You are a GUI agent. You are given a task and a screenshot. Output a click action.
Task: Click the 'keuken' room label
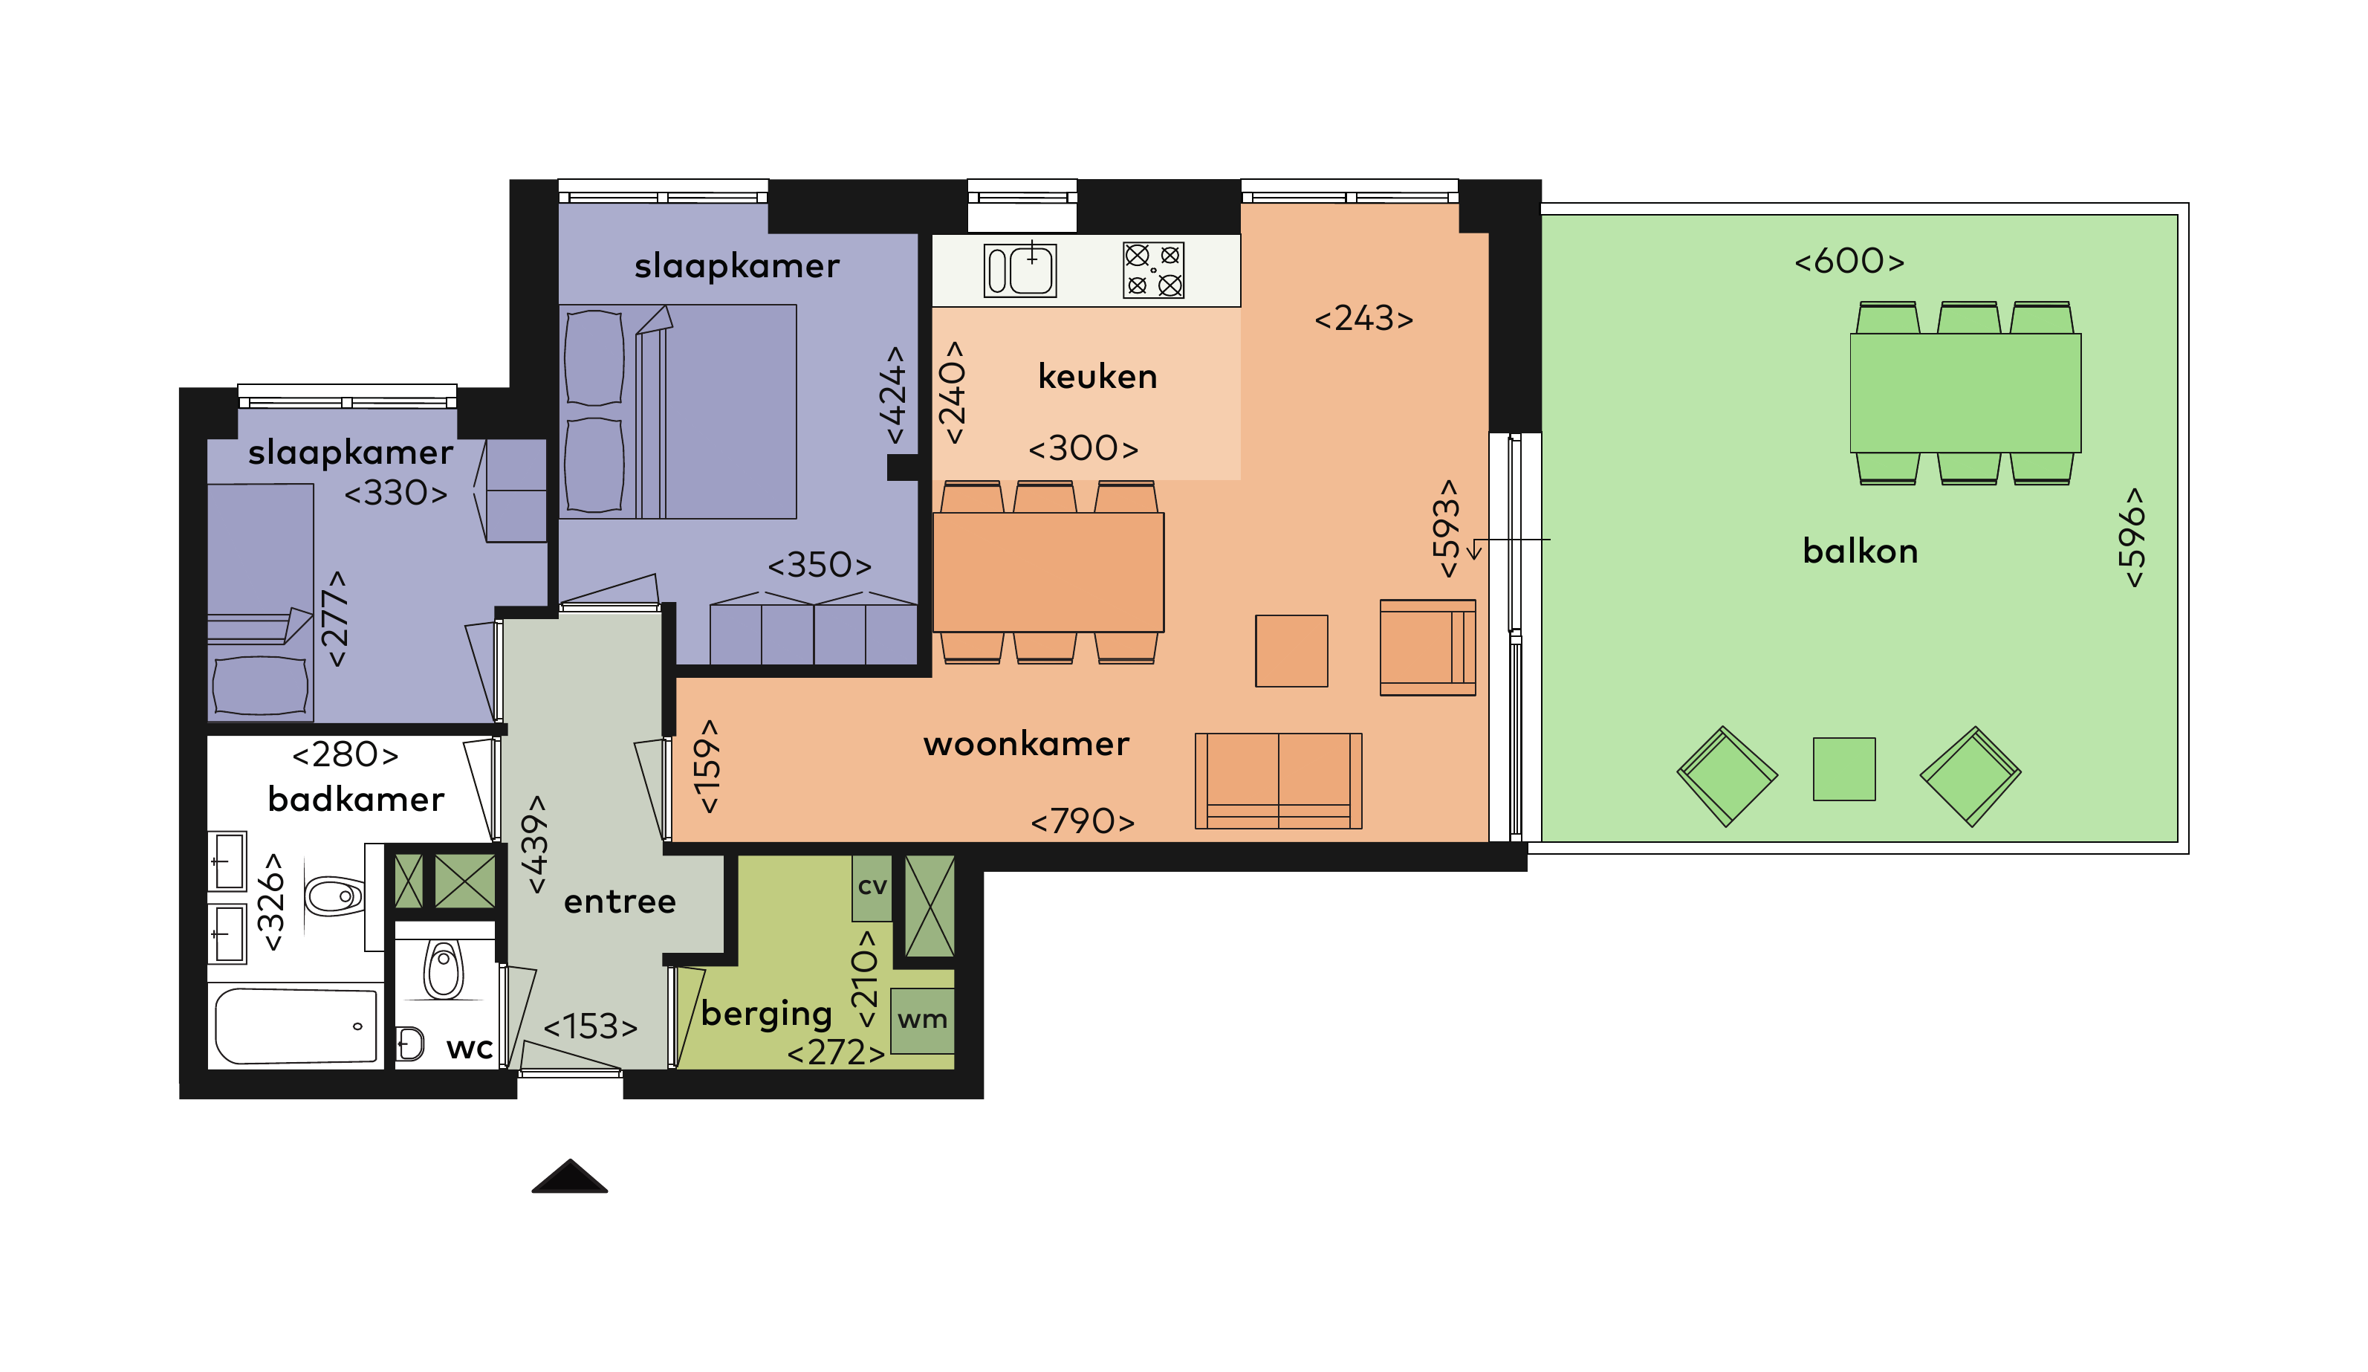point(1097,377)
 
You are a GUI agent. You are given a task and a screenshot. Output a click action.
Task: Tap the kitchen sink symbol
point(1019,270)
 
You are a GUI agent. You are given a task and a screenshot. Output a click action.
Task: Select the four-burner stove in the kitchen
point(1153,270)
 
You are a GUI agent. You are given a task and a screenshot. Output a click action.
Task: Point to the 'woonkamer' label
point(1025,744)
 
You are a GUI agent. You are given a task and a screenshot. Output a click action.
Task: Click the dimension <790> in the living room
point(1083,822)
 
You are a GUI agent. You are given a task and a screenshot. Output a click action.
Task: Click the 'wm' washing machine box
point(922,1020)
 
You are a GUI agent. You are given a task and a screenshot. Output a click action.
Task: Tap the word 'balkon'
point(1860,551)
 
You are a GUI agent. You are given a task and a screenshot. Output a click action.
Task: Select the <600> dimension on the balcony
point(1849,261)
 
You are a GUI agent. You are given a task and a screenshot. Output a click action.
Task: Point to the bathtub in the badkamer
point(296,1026)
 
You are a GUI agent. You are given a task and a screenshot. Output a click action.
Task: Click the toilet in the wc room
point(444,970)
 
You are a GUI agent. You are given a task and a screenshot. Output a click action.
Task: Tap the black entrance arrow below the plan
point(569,1177)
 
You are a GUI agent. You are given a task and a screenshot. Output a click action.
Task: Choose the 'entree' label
point(619,902)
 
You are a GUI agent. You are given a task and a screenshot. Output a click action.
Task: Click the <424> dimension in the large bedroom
point(892,395)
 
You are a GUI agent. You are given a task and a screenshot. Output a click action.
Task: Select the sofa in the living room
point(1278,781)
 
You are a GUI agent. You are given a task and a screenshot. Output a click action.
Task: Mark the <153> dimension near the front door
point(590,1027)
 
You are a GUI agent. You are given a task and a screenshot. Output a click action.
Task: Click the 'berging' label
point(767,1014)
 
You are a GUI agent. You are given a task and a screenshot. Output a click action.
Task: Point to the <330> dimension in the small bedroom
point(395,494)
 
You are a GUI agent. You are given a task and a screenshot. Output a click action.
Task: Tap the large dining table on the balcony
point(1965,393)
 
